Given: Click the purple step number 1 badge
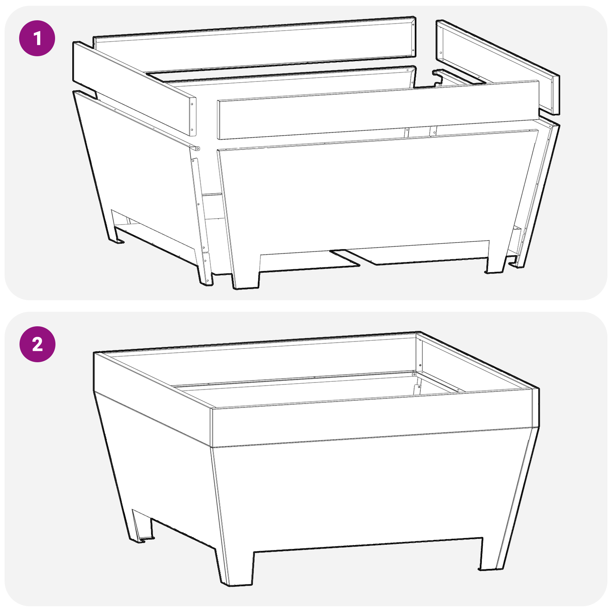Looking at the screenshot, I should pos(37,38).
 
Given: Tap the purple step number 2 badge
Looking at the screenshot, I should pos(37,344).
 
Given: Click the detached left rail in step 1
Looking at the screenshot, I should pos(134,88).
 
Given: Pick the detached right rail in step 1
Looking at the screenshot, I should pos(497,65).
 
